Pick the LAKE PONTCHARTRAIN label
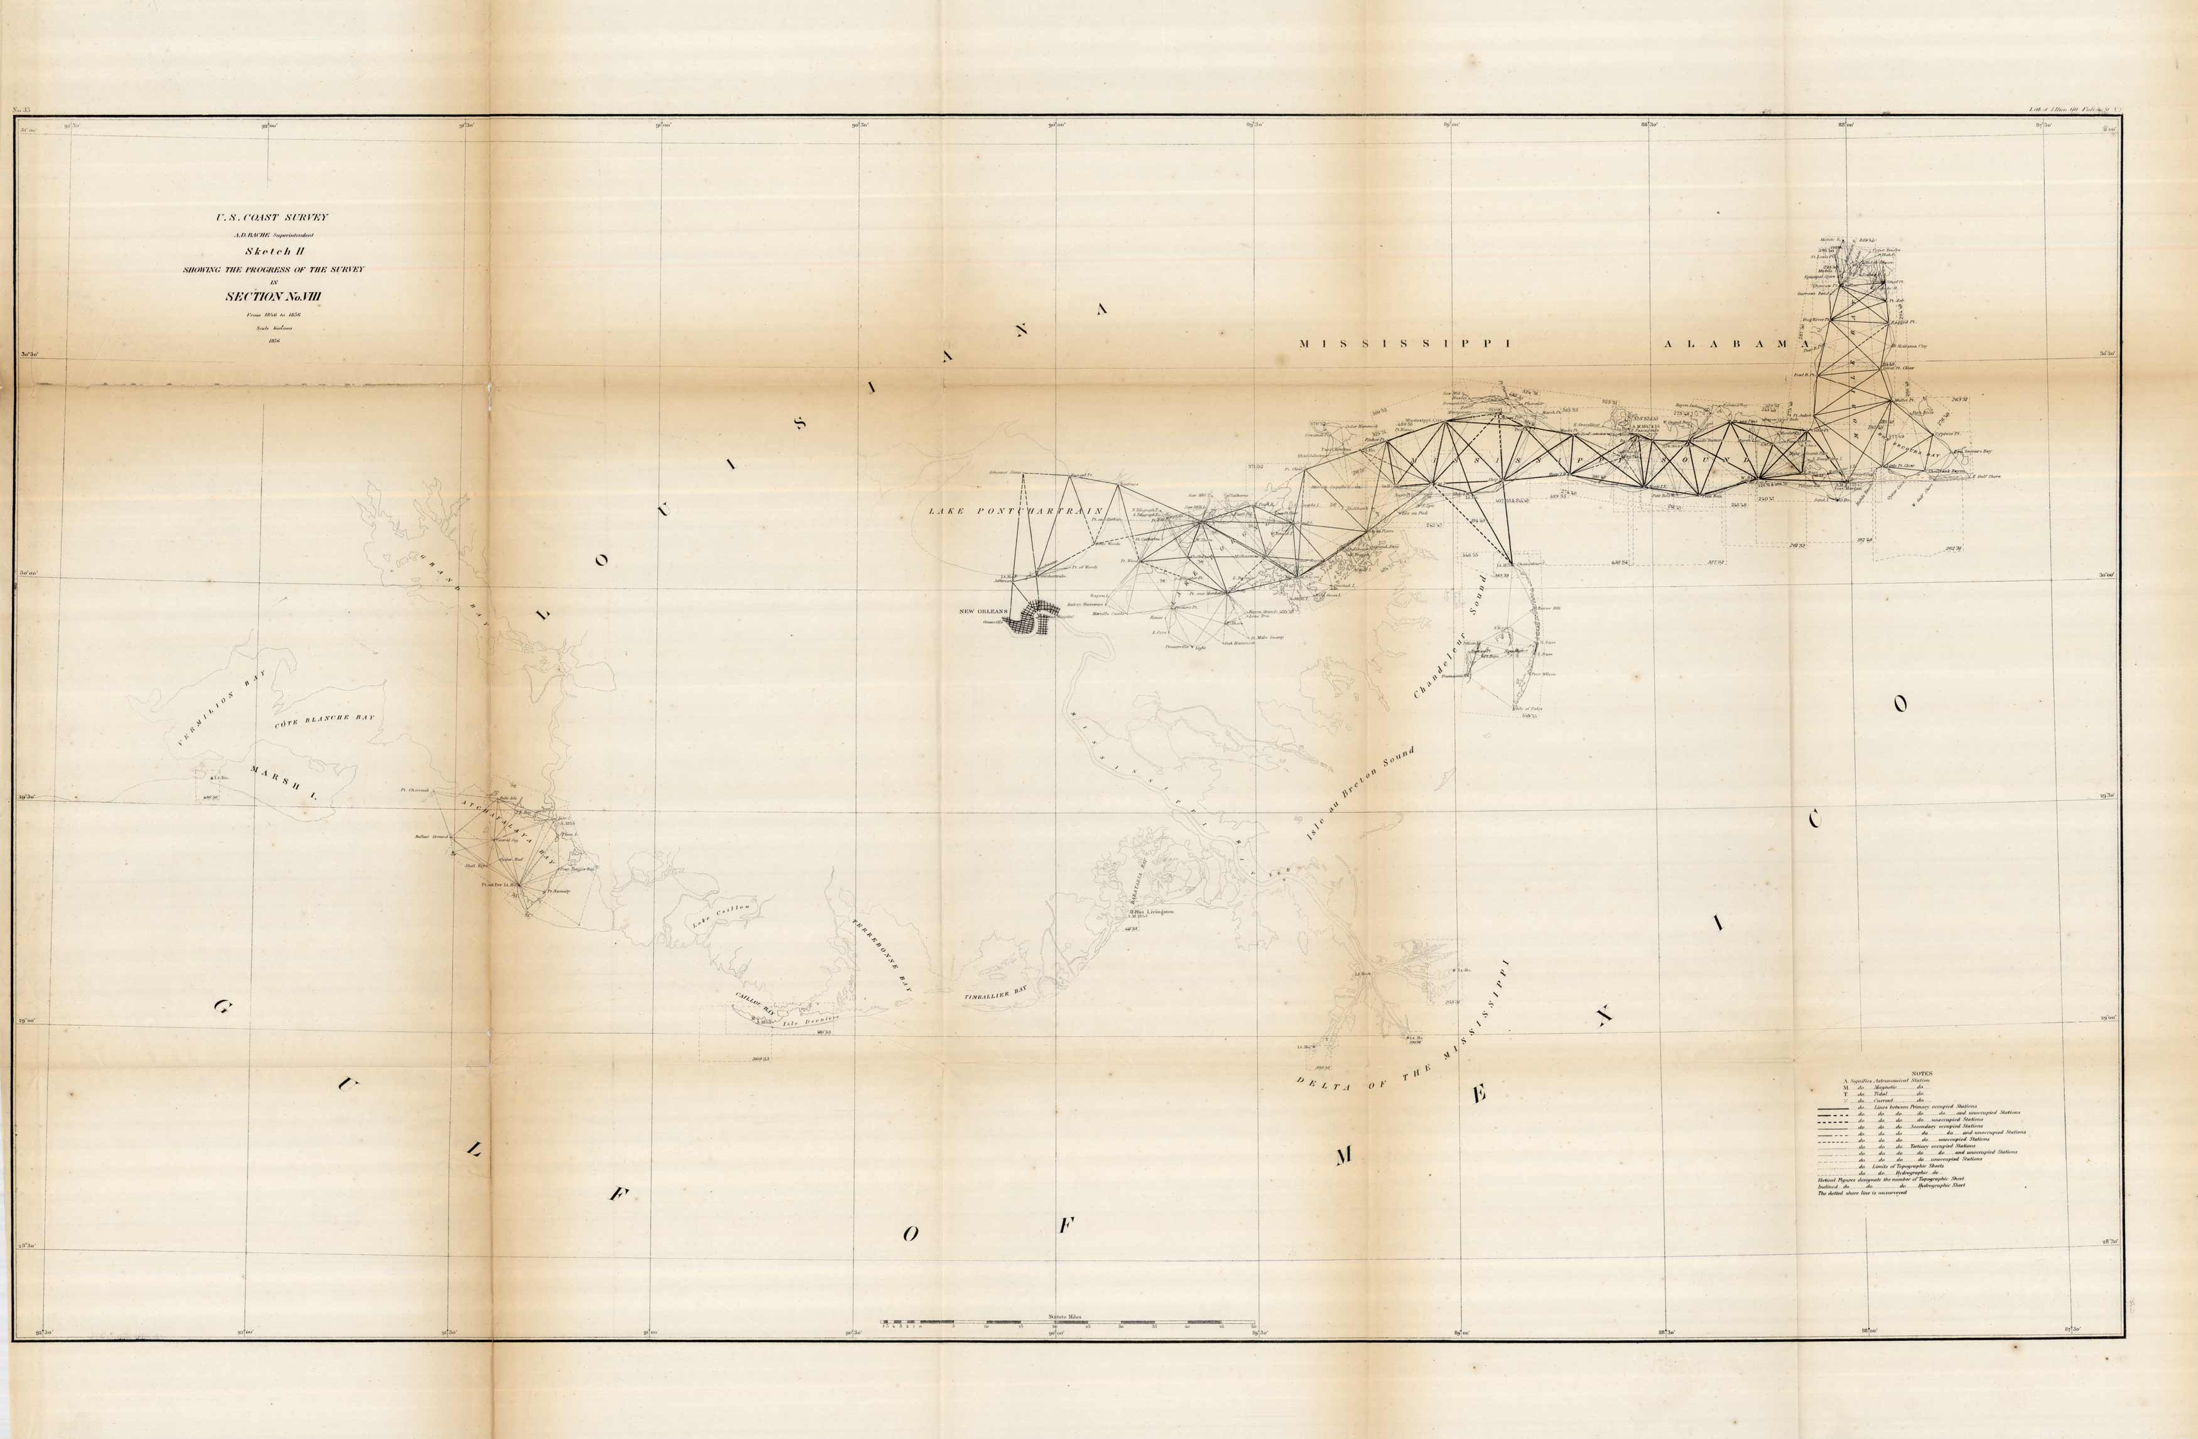coord(1016,511)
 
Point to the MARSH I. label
coord(283,781)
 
